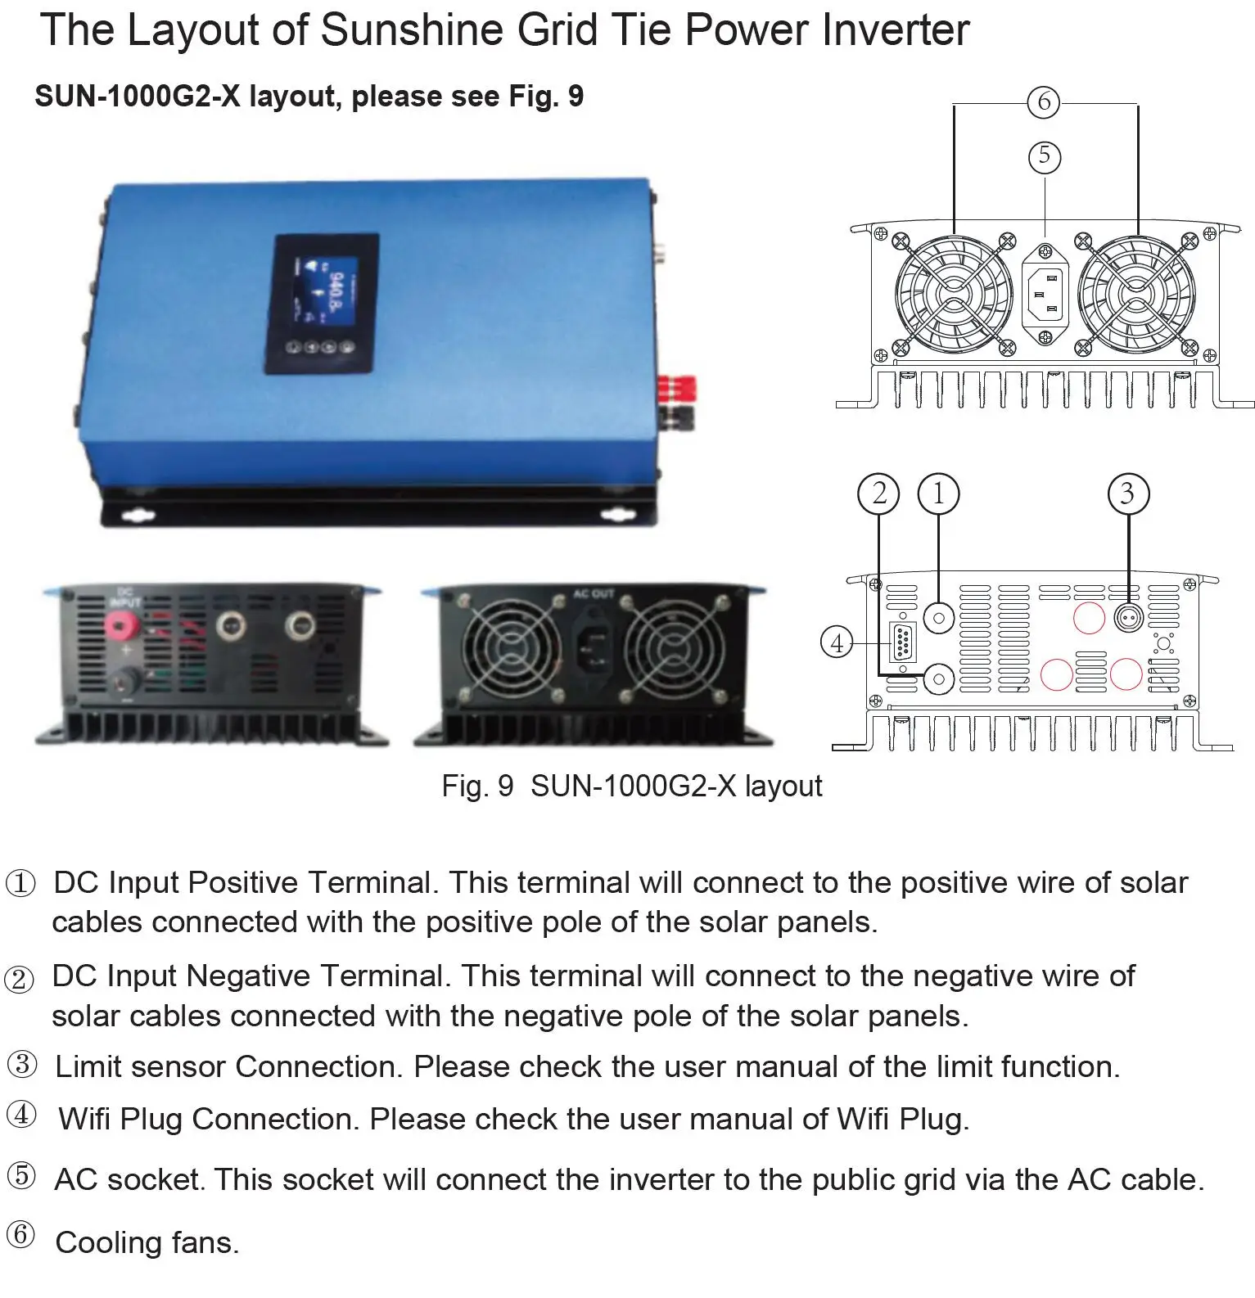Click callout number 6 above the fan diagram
click(x=1044, y=101)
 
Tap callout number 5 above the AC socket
click(x=1044, y=155)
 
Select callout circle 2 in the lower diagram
click(x=878, y=494)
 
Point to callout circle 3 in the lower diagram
click(x=1128, y=494)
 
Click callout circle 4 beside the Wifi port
click(x=837, y=642)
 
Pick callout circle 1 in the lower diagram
click(x=938, y=494)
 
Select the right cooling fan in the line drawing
click(x=1136, y=293)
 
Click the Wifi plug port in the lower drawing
click(x=902, y=642)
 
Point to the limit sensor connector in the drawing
click(x=1129, y=616)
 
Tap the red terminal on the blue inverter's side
click(x=679, y=385)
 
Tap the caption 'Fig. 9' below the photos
click(x=477, y=786)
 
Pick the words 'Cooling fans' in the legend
click(x=147, y=1242)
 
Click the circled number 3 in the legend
click(x=22, y=1065)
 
